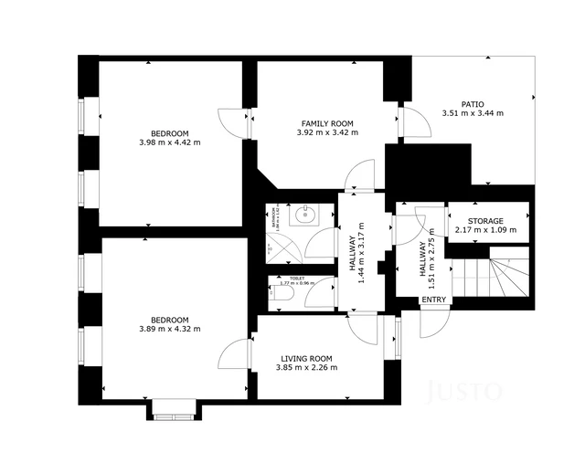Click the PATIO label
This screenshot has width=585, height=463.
[472, 104]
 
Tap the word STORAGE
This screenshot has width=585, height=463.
[485, 221]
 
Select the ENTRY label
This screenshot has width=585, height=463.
[434, 300]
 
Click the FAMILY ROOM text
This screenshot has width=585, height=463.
[327, 123]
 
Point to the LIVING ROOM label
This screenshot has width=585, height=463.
[306, 358]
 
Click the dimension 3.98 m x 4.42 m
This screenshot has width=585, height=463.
[169, 142]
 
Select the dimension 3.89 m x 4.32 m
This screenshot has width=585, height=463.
[169, 329]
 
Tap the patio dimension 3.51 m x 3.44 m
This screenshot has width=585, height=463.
[472, 113]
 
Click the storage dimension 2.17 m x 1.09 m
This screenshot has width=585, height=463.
[485, 230]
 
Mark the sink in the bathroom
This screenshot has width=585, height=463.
[304, 216]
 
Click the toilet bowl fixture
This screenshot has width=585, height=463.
[282, 293]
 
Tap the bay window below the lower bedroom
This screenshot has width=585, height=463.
[174, 411]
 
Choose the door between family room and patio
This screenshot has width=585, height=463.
[415, 121]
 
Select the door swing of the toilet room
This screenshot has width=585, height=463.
[321, 294]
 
